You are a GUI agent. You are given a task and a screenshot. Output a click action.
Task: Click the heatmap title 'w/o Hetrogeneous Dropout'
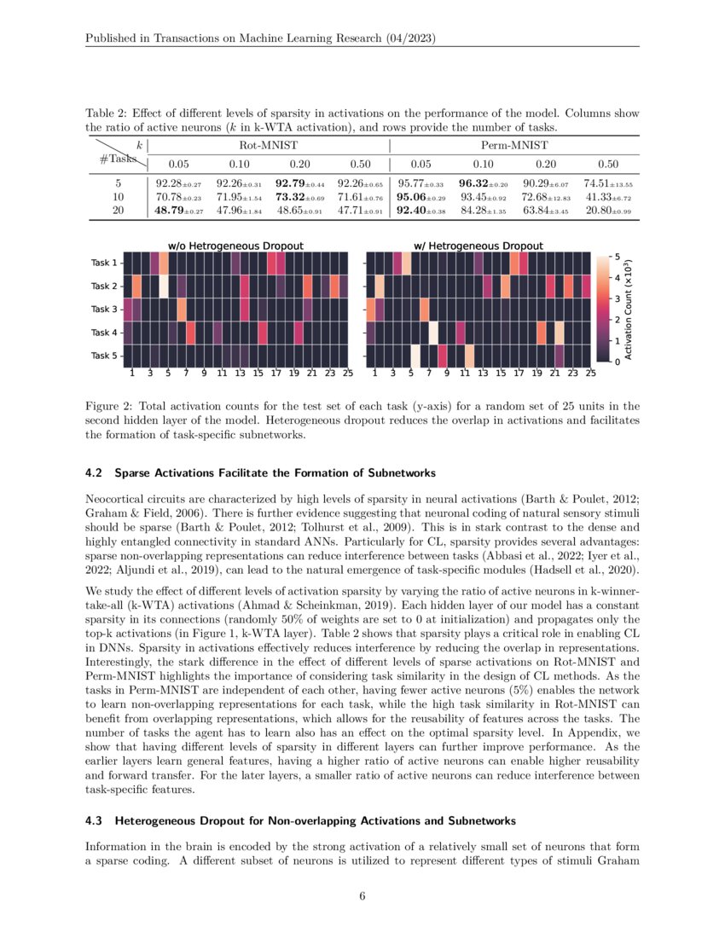tap(235, 246)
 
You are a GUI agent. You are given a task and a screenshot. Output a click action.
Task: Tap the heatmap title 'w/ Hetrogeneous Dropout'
tap(478, 246)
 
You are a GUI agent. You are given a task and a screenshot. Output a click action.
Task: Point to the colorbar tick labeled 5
tap(618, 257)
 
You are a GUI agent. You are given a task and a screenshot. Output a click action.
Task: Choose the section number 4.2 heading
tap(96, 472)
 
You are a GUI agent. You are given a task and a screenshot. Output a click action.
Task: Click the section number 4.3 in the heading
tap(96, 821)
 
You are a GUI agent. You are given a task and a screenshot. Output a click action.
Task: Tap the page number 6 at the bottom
tap(362, 896)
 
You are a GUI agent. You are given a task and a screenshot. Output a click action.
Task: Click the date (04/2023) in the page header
tap(414, 40)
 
